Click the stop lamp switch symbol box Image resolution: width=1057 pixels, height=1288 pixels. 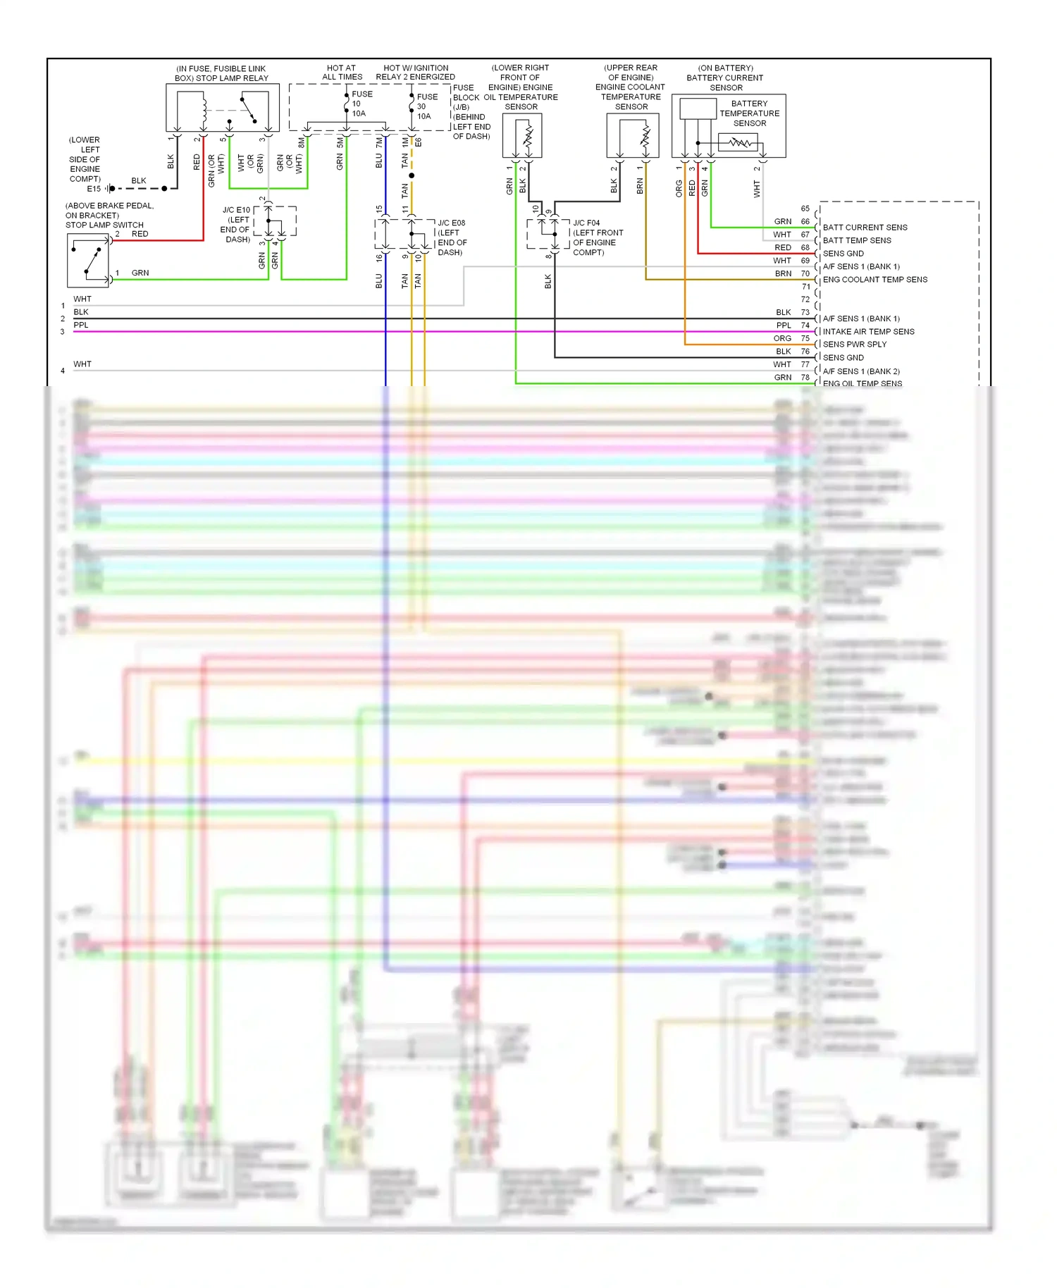click(88, 260)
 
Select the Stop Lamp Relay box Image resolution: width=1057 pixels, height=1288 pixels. click(222, 108)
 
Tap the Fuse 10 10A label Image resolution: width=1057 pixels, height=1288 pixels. click(361, 104)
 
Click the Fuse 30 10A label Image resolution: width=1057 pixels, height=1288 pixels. click(426, 106)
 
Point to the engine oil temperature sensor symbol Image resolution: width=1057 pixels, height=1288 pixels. click(522, 136)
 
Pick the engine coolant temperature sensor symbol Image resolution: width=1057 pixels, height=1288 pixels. click(633, 136)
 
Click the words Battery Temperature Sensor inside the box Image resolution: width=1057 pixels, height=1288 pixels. click(749, 113)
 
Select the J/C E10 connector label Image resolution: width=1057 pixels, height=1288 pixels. click(236, 210)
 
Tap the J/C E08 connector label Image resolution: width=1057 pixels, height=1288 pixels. click(451, 223)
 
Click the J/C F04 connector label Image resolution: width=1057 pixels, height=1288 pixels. click(586, 223)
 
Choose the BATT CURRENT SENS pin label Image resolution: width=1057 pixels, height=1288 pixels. click(865, 228)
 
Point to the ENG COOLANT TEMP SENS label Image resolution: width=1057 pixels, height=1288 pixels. click(874, 280)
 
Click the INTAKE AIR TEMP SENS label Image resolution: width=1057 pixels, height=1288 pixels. click(868, 332)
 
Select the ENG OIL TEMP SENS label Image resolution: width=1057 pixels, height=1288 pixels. click(862, 384)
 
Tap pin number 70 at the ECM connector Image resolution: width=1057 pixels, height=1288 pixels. click(805, 273)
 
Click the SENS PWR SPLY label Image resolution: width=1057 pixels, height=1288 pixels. click(854, 345)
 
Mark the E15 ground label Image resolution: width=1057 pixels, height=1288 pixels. click(94, 189)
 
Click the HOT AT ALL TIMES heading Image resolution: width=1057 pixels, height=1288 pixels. click(342, 73)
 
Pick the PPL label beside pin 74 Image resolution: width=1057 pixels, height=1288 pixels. click(784, 326)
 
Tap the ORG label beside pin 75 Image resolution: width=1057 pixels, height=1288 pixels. click(782, 339)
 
